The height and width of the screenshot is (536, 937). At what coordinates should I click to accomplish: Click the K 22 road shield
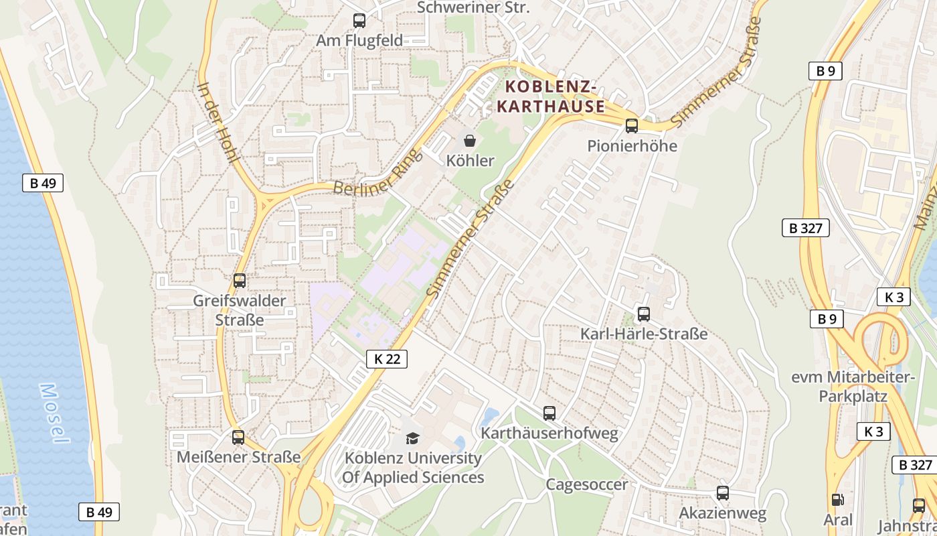(x=387, y=358)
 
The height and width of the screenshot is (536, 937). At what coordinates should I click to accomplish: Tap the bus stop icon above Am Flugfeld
(x=359, y=21)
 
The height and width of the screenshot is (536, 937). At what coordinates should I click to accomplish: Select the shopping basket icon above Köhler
(x=470, y=141)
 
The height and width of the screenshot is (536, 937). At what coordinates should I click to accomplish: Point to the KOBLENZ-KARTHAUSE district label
(x=551, y=96)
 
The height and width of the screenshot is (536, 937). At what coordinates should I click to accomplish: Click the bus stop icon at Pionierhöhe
(x=631, y=126)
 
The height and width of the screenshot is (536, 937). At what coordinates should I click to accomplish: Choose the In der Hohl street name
(x=219, y=123)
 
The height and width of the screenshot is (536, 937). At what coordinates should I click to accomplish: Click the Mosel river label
(x=54, y=413)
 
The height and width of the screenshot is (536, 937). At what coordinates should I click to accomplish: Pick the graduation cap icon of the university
(x=412, y=438)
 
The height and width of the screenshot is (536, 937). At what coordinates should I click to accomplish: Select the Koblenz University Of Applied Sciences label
(x=413, y=468)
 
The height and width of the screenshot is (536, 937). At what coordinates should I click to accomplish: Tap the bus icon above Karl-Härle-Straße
(x=643, y=314)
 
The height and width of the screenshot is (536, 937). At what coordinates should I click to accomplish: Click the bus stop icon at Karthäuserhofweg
(x=549, y=413)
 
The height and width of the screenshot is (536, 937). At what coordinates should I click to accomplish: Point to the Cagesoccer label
(x=587, y=484)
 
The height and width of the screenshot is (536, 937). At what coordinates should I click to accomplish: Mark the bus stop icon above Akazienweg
(x=723, y=493)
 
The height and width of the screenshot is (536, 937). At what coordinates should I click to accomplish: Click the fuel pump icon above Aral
(x=837, y=499)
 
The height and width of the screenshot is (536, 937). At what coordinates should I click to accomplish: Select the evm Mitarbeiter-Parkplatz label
(x=853, y=387)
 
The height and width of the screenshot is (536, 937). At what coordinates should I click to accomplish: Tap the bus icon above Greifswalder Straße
(x=240, y=281)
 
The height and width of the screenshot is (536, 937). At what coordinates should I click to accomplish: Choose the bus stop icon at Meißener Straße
(x=238, y=438)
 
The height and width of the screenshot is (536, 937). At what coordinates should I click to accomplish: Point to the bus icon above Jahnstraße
(x=919, y=506)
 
